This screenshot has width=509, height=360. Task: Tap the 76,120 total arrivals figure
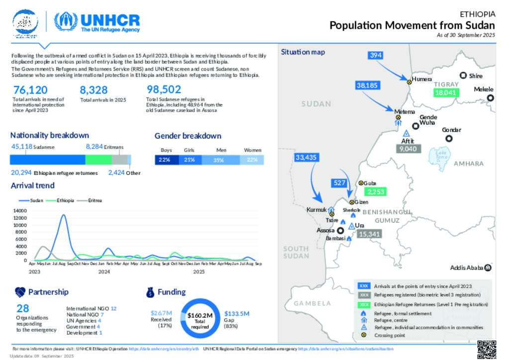click(31, 90)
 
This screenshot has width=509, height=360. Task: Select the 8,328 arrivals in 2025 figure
click(94, 90)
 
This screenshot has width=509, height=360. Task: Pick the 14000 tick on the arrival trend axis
click(19, 211)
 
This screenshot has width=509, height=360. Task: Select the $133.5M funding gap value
click(237, 313)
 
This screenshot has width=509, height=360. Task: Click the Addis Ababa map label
click(467, 268)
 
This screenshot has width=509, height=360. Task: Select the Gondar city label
click(451, 130)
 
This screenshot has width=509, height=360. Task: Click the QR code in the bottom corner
click(486, 349)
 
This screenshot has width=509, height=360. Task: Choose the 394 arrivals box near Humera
click(376, 55)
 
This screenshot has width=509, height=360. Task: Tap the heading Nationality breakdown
click(50, 135)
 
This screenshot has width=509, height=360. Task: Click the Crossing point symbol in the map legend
click(364, 335)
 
